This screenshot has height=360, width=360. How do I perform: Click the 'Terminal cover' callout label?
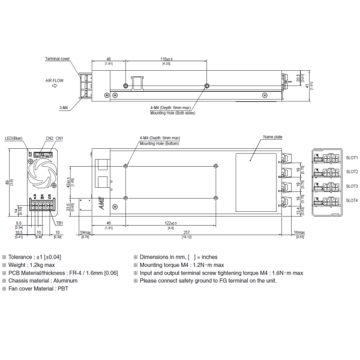(x=57, y=59)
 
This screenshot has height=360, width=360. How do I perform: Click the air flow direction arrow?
(x=55, y=86)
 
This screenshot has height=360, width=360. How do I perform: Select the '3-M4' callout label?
(x=64, y=108)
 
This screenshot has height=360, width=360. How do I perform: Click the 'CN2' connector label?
(x=49, y=138)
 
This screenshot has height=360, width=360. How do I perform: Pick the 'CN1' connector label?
(x=59, y=138)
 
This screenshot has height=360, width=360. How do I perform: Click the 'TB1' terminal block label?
(x=59, y=223)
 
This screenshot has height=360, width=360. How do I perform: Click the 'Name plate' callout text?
(x=272, y=137)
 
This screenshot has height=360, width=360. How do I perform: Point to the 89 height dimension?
(x=7, y=183)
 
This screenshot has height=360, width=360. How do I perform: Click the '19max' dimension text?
(x=85, y=232)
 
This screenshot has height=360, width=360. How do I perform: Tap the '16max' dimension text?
(x=298, y=232)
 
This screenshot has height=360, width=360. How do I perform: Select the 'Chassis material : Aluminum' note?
(x=44, y=280)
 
